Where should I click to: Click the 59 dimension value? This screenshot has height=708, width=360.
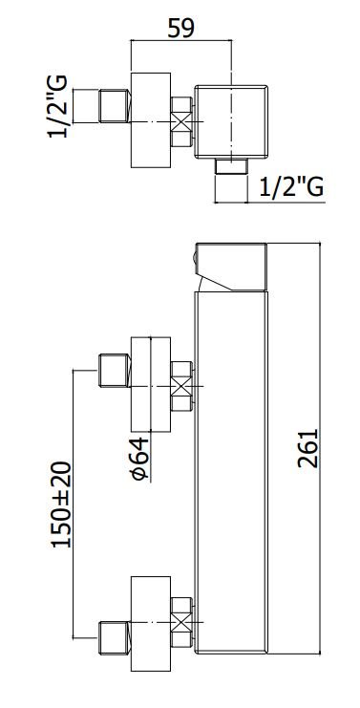(x=180, y=28)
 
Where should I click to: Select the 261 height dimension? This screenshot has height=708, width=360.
(x=308, y=448)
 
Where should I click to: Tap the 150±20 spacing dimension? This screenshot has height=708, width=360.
(x=61, y=504)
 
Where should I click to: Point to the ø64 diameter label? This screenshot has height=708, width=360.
(x=139, y=459)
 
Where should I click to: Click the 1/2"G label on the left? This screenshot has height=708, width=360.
(x=57, y=107)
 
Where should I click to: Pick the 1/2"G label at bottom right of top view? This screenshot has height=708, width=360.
(x=292, y=187)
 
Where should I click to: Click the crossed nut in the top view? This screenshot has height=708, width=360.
(x=181, y=122)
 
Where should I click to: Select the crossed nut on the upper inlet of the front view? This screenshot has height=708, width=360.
(x=181, y=386)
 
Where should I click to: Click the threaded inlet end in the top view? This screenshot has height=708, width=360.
(x=115, y=106)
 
